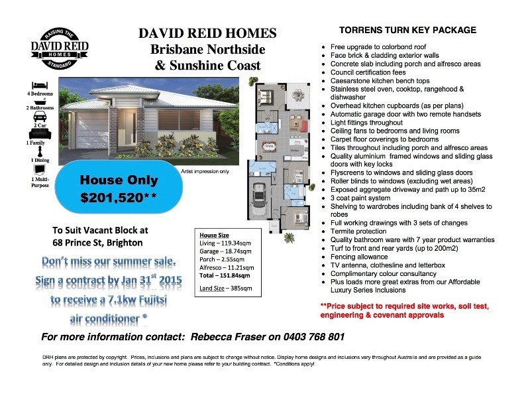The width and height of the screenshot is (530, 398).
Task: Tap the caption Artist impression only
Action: click(204, 171)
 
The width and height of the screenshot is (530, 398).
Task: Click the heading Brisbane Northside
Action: click(207, 50)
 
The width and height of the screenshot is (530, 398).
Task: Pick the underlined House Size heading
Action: click(215, 235)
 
